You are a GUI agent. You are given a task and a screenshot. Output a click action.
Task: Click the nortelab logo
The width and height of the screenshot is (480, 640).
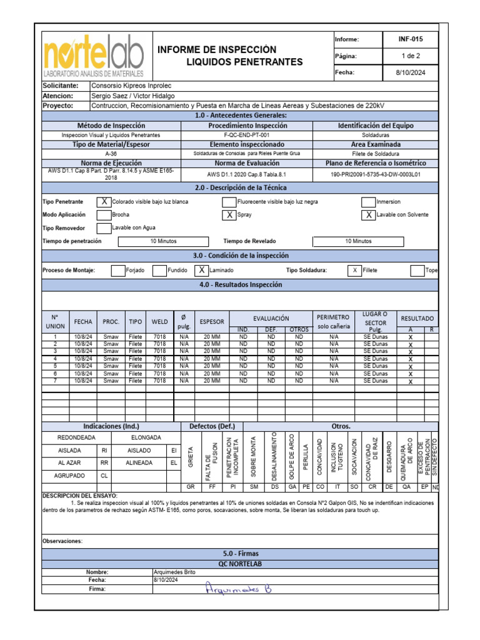tap(93, 55)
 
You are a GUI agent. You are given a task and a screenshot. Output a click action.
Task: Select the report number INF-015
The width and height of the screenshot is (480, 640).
tap(411, 39)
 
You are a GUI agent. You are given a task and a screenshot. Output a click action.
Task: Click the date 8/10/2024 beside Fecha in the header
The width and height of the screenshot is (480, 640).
tap(411, 72)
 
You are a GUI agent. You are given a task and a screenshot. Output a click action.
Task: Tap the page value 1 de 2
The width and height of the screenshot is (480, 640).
tap(411, 56)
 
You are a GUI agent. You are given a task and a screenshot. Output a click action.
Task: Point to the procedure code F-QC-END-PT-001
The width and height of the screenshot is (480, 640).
tap(247, 134)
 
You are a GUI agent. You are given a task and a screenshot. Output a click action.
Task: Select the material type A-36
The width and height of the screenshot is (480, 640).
tap(111, 153)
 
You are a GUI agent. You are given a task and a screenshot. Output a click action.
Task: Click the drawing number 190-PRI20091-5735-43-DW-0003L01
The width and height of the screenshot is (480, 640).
tap(375, 175)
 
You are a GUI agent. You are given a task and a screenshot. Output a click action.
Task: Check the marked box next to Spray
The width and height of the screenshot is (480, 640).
tap(229, 214)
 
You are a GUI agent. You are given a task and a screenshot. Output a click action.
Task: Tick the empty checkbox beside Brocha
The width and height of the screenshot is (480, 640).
tap(104, 214)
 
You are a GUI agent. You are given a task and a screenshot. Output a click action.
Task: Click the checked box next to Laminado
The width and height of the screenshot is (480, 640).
tap(201, 270)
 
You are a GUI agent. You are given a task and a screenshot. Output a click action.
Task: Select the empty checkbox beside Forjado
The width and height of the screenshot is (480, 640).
tap(117, 270)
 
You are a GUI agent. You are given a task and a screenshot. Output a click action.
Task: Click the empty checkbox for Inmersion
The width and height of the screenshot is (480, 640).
tap(368, 202)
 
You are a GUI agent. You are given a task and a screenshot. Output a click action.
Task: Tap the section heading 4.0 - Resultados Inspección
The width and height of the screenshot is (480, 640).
tap(241, 284)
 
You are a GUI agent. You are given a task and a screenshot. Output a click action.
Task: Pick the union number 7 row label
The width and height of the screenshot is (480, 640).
tap(55, 381)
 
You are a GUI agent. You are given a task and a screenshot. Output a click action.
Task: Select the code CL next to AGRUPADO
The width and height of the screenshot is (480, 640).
tap(104, 475)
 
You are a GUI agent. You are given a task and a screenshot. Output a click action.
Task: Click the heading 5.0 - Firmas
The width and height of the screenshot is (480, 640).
tap(241, 553)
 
